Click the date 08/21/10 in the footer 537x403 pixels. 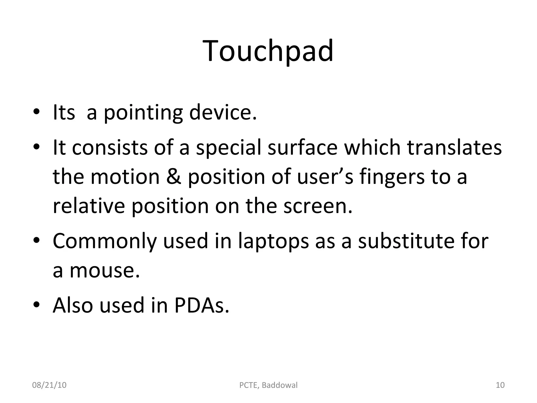[x=49, y=385]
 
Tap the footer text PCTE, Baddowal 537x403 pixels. [x=268, y=385]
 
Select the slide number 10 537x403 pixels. [x=500, y=385]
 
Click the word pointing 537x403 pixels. [x=143, y=113]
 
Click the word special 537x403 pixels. [x=229, y=148]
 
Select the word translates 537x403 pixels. [x=454, y=147]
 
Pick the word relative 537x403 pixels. [x=89, y=206]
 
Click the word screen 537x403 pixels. [x=318, y=206]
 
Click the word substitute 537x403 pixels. [x=406, y=241]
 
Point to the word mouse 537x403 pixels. [x=104, y=271]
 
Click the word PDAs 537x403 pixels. [x=201, y=305]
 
